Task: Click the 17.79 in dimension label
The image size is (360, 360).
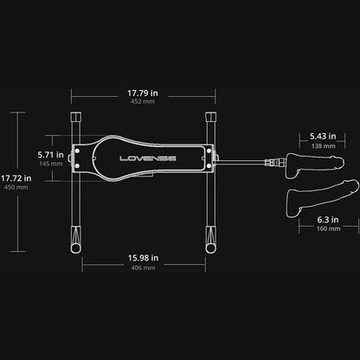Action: pos(143,93)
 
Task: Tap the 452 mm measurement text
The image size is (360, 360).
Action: pos(143,101)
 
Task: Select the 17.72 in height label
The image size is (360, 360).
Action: pos(16,178)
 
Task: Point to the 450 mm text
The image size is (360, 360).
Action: pos(16,187)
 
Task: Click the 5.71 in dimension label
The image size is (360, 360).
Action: pos(51,155)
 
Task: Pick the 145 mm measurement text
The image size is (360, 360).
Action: pos(51,164)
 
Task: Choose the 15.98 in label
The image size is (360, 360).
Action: pos(144,258)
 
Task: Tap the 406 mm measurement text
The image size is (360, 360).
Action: pos(143,267)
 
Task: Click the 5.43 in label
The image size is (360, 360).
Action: pos(323,136)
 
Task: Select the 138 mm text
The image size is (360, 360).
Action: pos(324,146)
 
